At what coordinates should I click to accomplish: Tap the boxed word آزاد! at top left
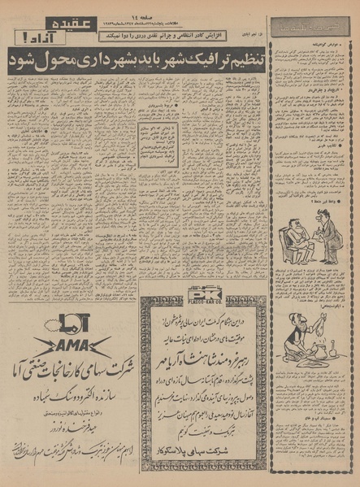[19, 36]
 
